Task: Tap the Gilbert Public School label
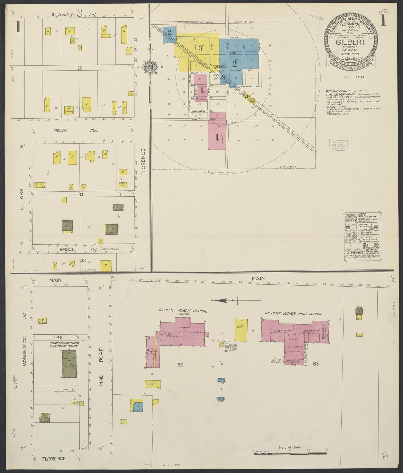coord(183,311)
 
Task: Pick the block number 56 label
coord(180,364)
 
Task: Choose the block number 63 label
coord(316,364)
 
